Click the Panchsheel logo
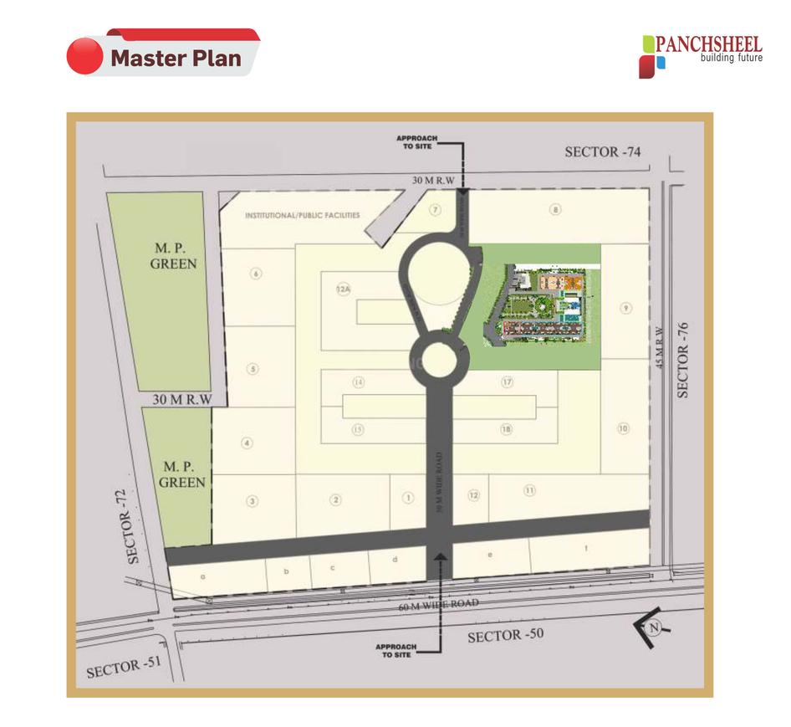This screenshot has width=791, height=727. coord(701,55)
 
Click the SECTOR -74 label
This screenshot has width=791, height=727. coord(603,151)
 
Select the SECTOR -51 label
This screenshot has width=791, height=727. coord(123,668)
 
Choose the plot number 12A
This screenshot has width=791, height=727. coord(342,289)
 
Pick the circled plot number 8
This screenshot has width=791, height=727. coord(555,209)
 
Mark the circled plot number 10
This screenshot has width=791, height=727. coord(623,428)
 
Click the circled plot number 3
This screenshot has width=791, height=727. coord(252,501)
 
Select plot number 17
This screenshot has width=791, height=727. coord(507,382)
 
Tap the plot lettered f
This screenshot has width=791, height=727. coord(587,549)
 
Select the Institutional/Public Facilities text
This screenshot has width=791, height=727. coord(302,215)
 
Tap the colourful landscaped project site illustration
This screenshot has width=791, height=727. coord(538,305)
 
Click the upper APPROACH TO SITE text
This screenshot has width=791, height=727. coord(418,142)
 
